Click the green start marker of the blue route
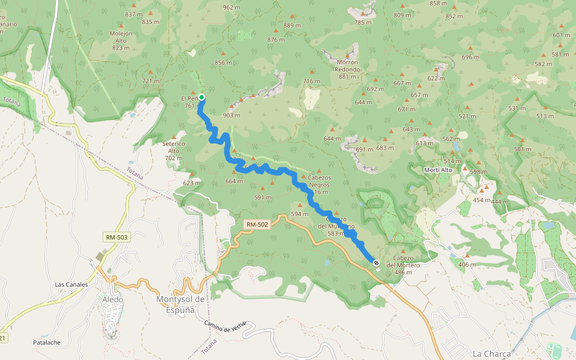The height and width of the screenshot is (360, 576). click(x=202, y=97)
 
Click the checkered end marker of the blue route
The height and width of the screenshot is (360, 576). click(x=376, y=263)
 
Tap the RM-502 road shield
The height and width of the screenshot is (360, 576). click(x=257, y=224)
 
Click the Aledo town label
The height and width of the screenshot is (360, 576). click(x=113, y=299)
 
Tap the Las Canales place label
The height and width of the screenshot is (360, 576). click(x=71, y=284)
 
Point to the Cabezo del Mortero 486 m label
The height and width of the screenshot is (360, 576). click(x=403, y=265)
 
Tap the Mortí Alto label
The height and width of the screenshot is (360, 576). click(x=438, y=170)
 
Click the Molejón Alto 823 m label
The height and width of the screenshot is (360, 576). click(x=121, y=40)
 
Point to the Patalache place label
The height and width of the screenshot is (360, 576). click(x=46, y=343)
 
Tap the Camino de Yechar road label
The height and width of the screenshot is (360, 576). click(x=225, y=326)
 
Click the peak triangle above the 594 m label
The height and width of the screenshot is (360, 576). click(x=299, y=205)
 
